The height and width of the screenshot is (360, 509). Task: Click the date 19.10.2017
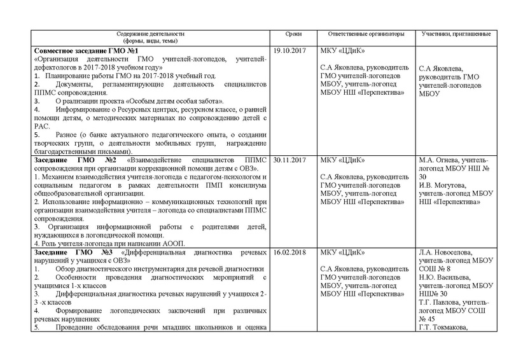click(x=290, y=50)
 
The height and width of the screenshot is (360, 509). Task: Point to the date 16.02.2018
click(x=290, y=253)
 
